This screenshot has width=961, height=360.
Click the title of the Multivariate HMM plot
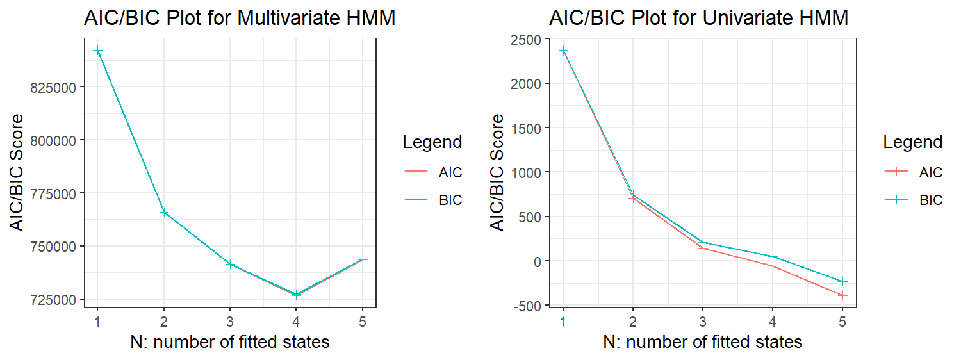(239, 19)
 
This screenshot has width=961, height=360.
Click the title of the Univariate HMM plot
(698, 19)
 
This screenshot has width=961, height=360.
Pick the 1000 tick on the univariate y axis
(527, 172)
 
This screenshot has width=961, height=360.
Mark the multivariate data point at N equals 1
(97, 51)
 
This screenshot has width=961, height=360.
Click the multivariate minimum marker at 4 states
(296, 295)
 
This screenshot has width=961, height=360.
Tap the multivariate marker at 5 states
(363, 259)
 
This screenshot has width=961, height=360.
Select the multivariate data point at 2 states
(164, 212)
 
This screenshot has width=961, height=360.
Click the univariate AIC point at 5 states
(842, 295)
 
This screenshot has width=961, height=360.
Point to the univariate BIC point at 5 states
(842, 281)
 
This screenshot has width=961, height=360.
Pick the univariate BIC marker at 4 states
(773, 257)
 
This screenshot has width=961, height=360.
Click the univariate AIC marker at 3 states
(703, 248)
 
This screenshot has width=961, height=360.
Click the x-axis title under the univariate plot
(702, 342)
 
